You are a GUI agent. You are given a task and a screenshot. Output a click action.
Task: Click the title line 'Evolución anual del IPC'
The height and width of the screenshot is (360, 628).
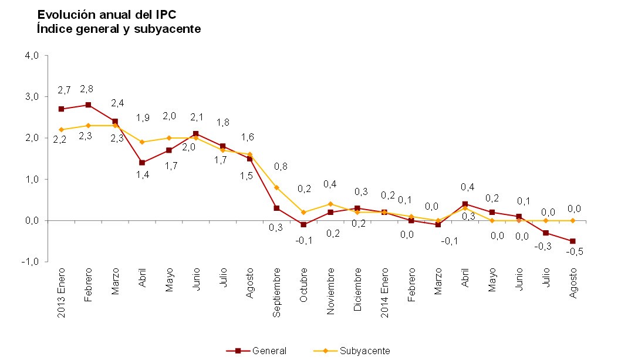click(106, 14)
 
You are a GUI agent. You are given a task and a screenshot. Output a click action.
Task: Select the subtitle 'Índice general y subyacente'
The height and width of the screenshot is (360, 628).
click(119, 28)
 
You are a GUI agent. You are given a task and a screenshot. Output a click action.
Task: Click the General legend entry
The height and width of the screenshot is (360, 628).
click(256, 351)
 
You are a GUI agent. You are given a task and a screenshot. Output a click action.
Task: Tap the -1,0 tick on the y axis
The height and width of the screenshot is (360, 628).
click(31, 261)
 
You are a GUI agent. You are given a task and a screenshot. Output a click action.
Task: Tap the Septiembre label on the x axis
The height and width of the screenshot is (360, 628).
click(276, 292)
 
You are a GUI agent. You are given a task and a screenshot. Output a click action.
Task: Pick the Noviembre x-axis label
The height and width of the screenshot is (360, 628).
click(330, 291)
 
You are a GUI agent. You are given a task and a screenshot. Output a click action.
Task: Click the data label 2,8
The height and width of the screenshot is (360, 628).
click(87, 89)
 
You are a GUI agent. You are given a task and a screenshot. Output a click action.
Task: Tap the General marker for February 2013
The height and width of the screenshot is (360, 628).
click(88, 105)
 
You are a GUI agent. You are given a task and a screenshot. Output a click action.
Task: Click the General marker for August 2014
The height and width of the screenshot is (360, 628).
click(572, 241)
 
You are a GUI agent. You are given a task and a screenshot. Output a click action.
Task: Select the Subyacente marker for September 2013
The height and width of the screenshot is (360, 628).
click(276, 187)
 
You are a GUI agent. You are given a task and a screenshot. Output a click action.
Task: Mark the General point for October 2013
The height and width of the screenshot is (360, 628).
click(303, 224)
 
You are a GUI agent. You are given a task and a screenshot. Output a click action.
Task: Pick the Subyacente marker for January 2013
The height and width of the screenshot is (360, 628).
click(61, 130)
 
